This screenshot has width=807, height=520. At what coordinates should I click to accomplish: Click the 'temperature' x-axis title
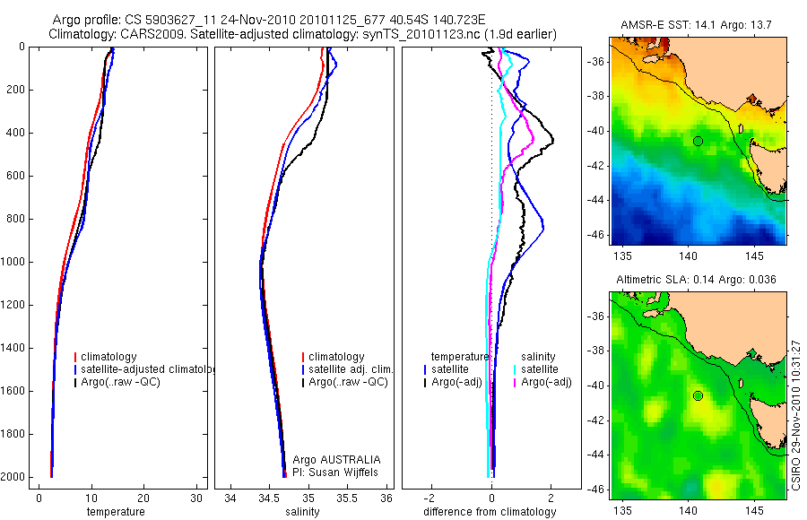[x=115, y=512]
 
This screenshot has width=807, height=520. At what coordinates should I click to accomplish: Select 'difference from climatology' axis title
[x=490, y=512]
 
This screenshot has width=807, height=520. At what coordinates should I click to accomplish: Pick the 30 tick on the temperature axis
[x=195, y=498]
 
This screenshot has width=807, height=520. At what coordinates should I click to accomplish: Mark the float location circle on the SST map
[x=698, y=141]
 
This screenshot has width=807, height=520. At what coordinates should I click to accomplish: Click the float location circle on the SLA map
[x=698, y=395]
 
